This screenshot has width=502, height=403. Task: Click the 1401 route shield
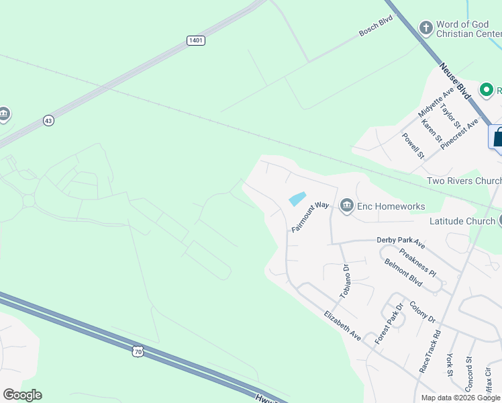(x=196, y=41)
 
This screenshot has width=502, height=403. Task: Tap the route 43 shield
(x=48, y=120)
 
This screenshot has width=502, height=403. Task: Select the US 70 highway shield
(x=138, y=351)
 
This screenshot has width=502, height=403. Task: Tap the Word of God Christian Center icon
(x=425, y=28)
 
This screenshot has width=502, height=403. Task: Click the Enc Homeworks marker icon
(x=346, y=206)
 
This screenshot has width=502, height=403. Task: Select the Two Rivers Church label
(x=464, y=181)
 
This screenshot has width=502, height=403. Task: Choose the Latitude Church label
(x=461, y=221)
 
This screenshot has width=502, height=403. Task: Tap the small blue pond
(x=297, y=199)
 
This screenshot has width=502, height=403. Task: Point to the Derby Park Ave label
(x=401, y=241)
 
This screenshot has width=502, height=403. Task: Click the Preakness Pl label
(x=417, y=263)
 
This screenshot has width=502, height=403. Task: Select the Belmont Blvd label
(x=403, y=273)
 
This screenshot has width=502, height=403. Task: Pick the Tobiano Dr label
(x=345, y=281)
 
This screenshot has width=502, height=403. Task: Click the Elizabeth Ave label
(x=342, y=326)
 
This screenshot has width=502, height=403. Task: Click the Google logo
(x=22, y=395)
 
